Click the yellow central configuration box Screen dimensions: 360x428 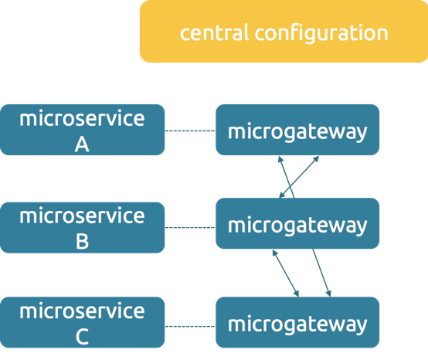(x=283, y=32)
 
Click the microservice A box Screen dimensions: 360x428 (x=82, y=130)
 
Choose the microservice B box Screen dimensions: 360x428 (x=82, y=227)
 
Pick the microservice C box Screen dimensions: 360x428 (x=82, y=323)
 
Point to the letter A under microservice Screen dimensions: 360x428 (x=82, y=144)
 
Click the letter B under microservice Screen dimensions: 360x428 (x=82, y=241)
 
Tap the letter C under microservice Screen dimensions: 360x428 (x=82, y=338)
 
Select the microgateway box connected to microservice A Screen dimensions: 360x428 (x=297, y=130)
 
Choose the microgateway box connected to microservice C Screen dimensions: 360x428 (x=297, y=323)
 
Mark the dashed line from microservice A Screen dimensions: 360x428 (x=190, y=131)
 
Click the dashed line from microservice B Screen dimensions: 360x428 (x=190, y=227)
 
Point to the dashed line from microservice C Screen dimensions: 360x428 (x=190, y=325)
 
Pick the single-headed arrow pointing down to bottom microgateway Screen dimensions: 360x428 (x=321, y=273)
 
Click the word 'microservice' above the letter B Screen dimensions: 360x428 (x=82, y=215)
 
